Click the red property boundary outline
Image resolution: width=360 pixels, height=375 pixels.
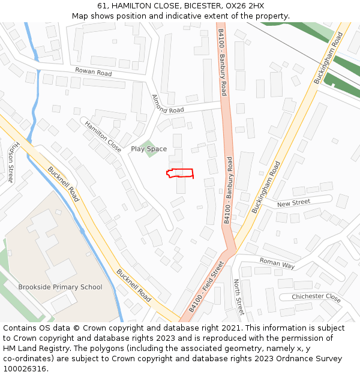click(180, 173)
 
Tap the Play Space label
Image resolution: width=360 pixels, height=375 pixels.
click(149, 149)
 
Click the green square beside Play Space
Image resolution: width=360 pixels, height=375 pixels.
click(150, 148)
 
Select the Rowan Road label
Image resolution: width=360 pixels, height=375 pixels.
click(93, 72)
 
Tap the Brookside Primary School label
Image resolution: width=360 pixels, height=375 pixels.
click(60, 287)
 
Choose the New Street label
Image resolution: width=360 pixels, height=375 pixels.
click(293, 203)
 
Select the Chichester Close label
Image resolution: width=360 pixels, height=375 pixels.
click(316, 296)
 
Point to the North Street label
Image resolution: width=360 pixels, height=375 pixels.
click(238, 296)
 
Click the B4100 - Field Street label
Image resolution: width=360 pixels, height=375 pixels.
click(206, 286)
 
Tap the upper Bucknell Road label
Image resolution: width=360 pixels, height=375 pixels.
click(63, 184)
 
